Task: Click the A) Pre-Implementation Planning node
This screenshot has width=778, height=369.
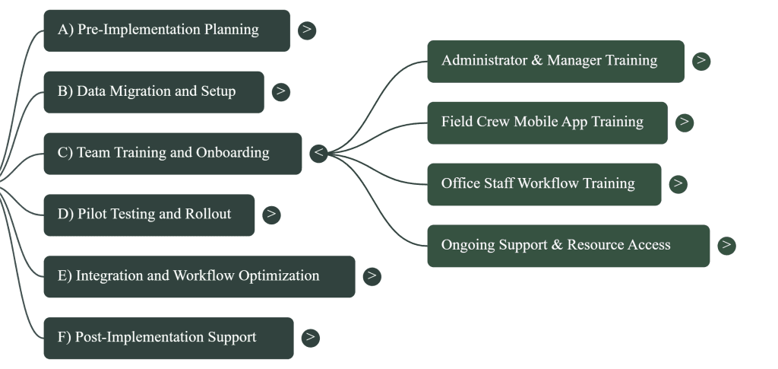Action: pyautogui.click(x=166, y=30)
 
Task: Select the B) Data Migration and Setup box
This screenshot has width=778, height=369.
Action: pyautogui.click(x=153, y=92)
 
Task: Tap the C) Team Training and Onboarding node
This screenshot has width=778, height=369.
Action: pyautogui.click(x=172, y=153)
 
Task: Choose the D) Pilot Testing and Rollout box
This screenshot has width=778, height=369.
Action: pyautogui.click(x=149, y=215)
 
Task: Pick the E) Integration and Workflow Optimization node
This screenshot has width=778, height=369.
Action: pyautogui.click(x=199, y=276)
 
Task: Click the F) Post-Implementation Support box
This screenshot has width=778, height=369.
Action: pyautogui.click(x=168, y=338)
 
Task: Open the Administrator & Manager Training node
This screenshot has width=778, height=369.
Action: pyautogui.click(x=555, y=61)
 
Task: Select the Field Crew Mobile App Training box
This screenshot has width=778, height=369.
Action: pyautogui.click(x=547, y=122)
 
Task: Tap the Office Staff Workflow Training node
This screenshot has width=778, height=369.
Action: pyautogui.click(x=544, y=184)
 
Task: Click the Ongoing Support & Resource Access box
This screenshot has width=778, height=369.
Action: pyautogui.click(x=568, y=246)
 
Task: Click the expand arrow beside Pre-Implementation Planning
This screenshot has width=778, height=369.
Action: pyautogui.click(x=307, y=30)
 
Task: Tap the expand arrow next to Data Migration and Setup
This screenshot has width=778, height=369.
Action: pyautogui.click(x=281, y=92)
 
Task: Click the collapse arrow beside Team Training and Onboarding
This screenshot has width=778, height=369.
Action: pyautogui.click(x=319, y=153)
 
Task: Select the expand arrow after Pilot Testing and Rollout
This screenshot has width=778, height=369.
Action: pyautogui.click(x=271, y=215)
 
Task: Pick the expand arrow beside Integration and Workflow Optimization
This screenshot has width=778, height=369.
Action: pyautogui.click(x=372, y=276)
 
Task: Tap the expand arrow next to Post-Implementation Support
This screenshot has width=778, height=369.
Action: pyautogui.click(x=310, y=338)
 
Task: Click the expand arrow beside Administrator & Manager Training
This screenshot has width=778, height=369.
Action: pyautogui.click(x=701, y=61)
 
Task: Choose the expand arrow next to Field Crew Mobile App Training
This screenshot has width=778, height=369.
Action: pyautogui.click(x=685, y=122)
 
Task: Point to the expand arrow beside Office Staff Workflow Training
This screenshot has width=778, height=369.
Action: pyautogui.click(x=678, y=184)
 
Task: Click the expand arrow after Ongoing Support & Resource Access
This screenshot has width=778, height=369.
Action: pyautogui.click(x=727, y=246)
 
